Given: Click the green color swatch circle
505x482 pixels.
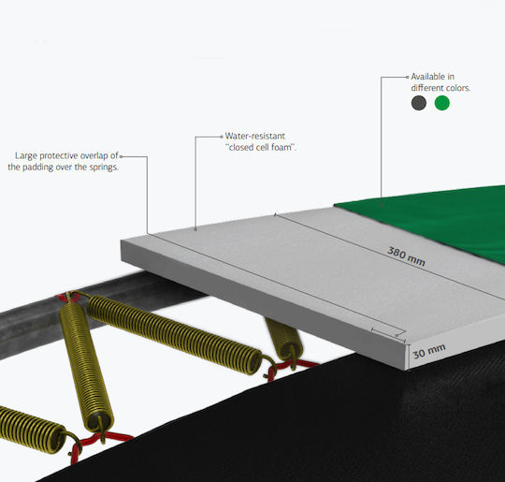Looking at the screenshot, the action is [x=441, y=103].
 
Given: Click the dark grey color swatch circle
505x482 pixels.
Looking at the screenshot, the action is [x=419, y=103].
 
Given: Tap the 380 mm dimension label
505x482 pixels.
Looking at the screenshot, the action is [x=406, y=256].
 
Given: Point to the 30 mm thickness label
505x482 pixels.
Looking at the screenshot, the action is [x=429, y=351].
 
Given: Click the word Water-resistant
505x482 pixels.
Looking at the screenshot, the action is [x=254, y=136].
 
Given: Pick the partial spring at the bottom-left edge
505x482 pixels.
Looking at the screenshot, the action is [x=31, y=429].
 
